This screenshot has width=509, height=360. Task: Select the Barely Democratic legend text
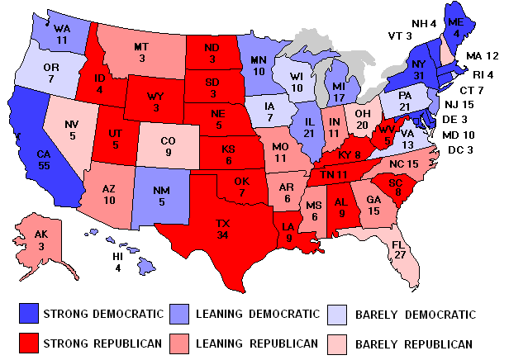coord(424,315)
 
